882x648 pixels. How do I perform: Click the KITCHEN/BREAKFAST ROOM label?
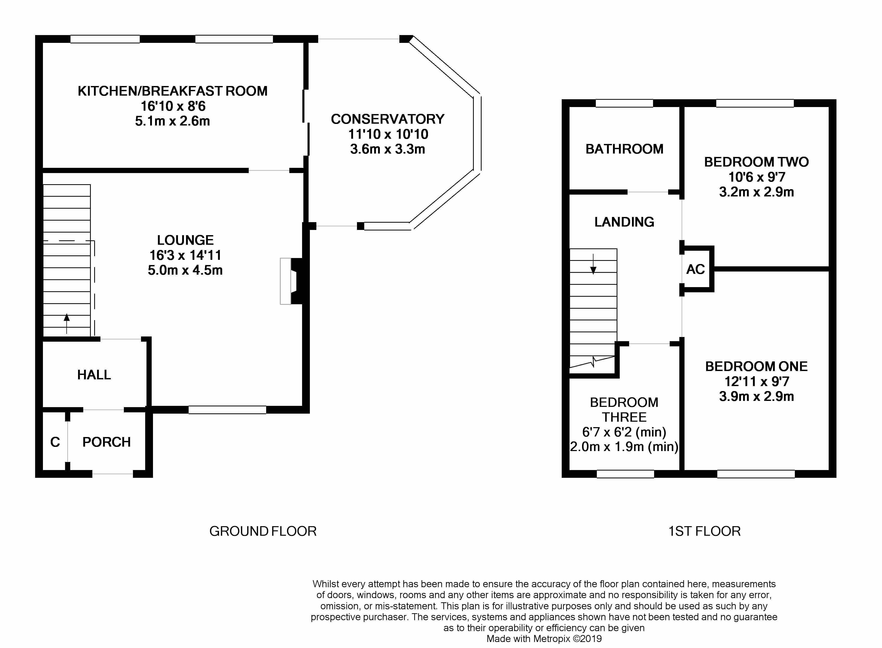173,91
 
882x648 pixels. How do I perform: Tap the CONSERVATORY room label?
388,119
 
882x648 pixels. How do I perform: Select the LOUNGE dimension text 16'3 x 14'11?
185,255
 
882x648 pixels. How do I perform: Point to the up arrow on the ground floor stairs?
67,323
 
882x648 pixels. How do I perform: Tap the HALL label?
94,375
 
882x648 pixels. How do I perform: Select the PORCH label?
106,442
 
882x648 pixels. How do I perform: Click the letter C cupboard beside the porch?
55,442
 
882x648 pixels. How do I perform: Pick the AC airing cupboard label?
695,269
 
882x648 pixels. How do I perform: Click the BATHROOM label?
624,149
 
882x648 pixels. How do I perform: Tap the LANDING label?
624,222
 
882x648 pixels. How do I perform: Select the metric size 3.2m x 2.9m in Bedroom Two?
756,192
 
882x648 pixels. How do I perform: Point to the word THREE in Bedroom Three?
624,417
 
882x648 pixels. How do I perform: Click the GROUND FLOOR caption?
263,531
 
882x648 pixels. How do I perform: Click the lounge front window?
227,410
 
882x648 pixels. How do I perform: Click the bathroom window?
624,103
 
